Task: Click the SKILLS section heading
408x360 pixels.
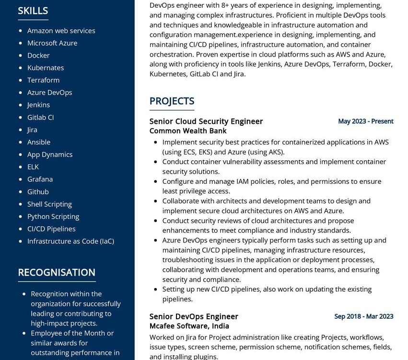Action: [x=33, y=11]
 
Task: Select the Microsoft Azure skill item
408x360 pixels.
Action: [x=52, y=43]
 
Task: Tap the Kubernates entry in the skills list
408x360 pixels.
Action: [x=45, y=68]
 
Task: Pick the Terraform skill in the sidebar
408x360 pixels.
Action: [x=43, y=80]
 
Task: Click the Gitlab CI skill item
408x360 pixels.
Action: [x=40, y=117]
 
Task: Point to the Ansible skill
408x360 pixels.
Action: [x=38, y=142]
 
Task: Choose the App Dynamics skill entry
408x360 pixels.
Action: [x=50, y=155]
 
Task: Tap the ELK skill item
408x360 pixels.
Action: [x=33, y=167]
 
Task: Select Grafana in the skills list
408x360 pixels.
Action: [x=40, y=179]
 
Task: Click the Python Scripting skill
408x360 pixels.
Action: [x=53, y=216]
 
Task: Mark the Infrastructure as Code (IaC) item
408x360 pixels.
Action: [x=70, y=241]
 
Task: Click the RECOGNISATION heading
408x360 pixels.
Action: [x=57, y=272]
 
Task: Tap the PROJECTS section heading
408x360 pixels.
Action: [x=172, y=101]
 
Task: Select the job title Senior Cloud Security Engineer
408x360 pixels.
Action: [x=206, y=121]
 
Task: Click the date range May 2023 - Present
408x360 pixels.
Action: [x=365, y=121]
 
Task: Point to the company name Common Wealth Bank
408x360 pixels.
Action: [x=188, y=131]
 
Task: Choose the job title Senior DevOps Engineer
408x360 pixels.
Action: [x=194, y=317]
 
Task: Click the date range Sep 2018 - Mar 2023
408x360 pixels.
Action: [x=363, y=317]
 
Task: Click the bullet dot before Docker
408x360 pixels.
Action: [x=20, y=56]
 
